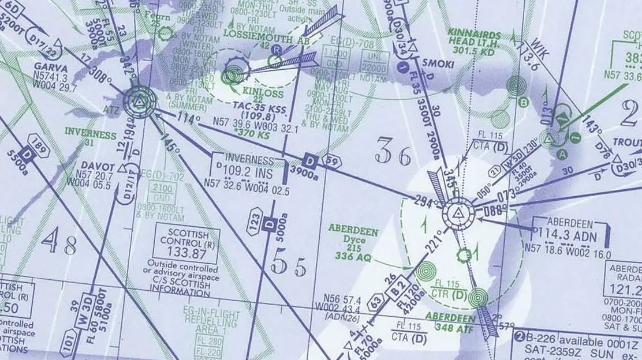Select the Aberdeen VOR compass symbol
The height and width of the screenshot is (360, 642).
click(x=458, y=215)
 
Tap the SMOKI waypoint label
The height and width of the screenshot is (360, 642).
click(x=438, y=65)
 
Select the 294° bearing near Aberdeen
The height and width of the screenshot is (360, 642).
click(x=424, y=201)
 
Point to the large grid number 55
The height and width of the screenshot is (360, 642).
click(x=289, y=265)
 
